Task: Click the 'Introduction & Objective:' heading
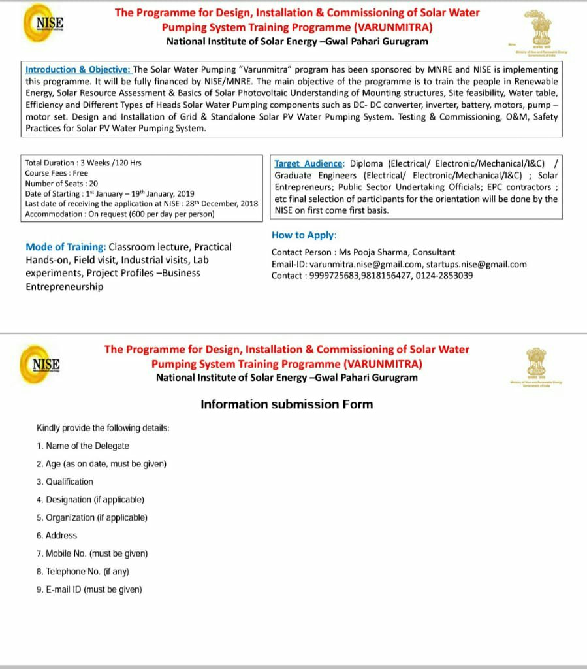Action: pyautogui.click(x=78, y=69)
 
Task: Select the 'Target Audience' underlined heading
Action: pyautogui.click(x=308, y=163)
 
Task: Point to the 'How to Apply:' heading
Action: pyautogui.click(x=304, y=235)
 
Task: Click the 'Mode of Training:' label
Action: pyautogui.click(x=65, y=247)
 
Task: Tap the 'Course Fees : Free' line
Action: pyautogui.click(x=56, y=173)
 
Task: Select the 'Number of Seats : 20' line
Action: pyautogui.click(x=61, y=184)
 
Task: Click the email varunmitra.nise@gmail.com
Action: pyautogui.click(x=365, y=264)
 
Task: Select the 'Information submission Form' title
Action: pyautogui.click(x=287, y=404)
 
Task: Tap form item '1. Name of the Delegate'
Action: pyautogui.click(x=83, y=446)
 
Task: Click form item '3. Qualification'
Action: pyautogui.click(x=65, y=481)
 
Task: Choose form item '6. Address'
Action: pyautogui.click(x=57, y=535)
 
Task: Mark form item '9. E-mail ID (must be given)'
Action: pyautogui.click(x=89, y=589)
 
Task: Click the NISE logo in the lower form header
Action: pyautogui.click(x=44, y=364)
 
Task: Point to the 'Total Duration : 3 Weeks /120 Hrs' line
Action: pyautogui.click(x=83, y=163)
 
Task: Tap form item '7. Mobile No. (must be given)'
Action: pyautogui.click(x=92, y=553)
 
